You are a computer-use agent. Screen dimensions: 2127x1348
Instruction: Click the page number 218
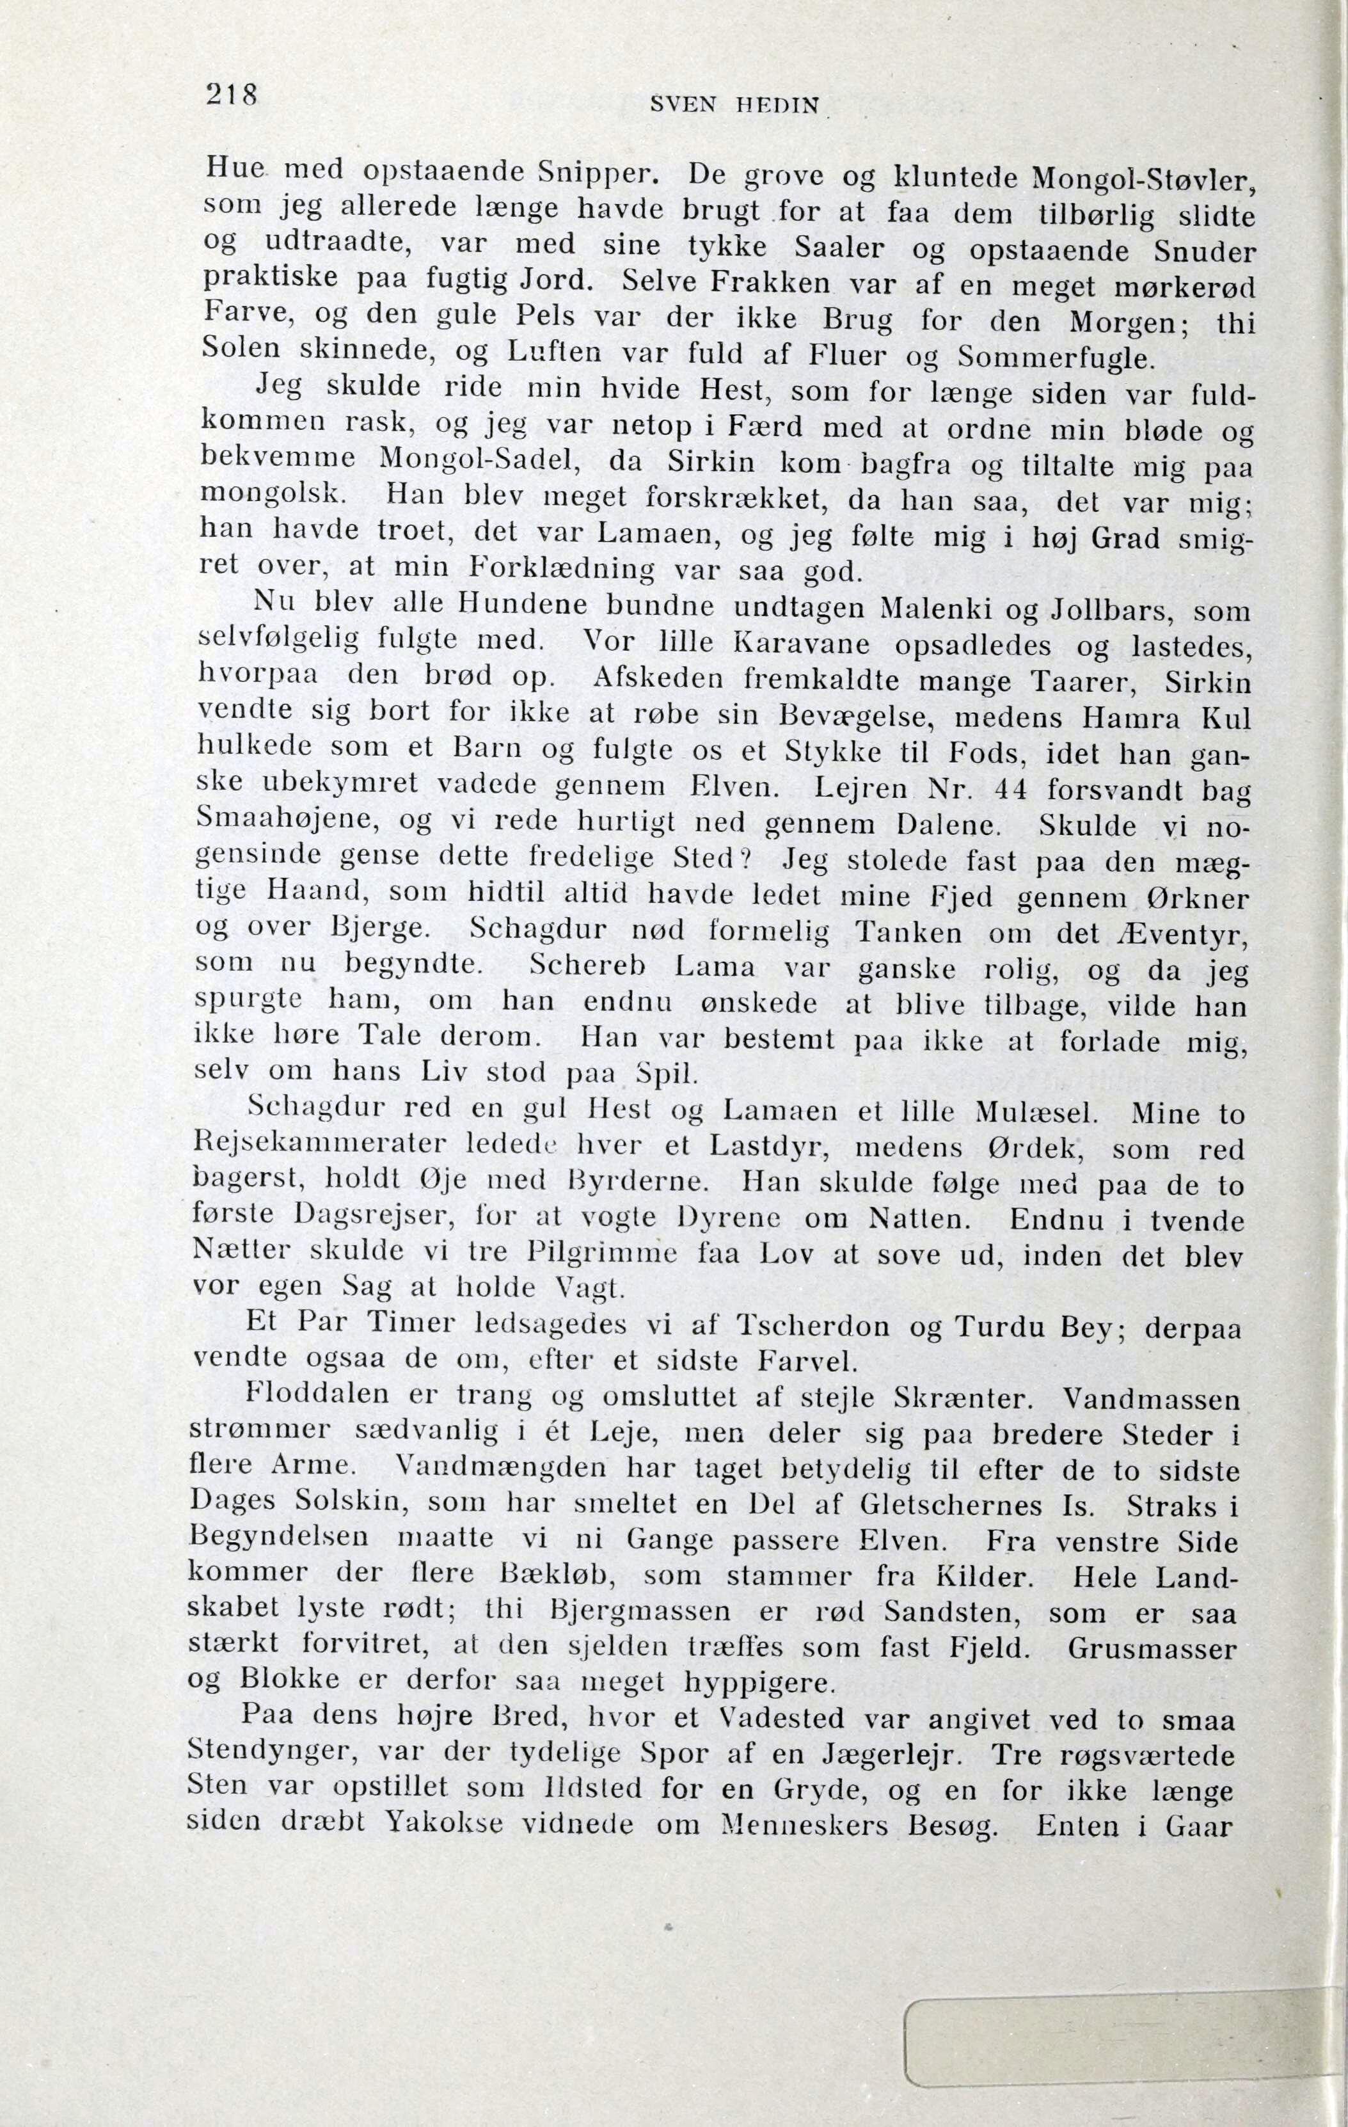pyautogui.click(x=230, y=93)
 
